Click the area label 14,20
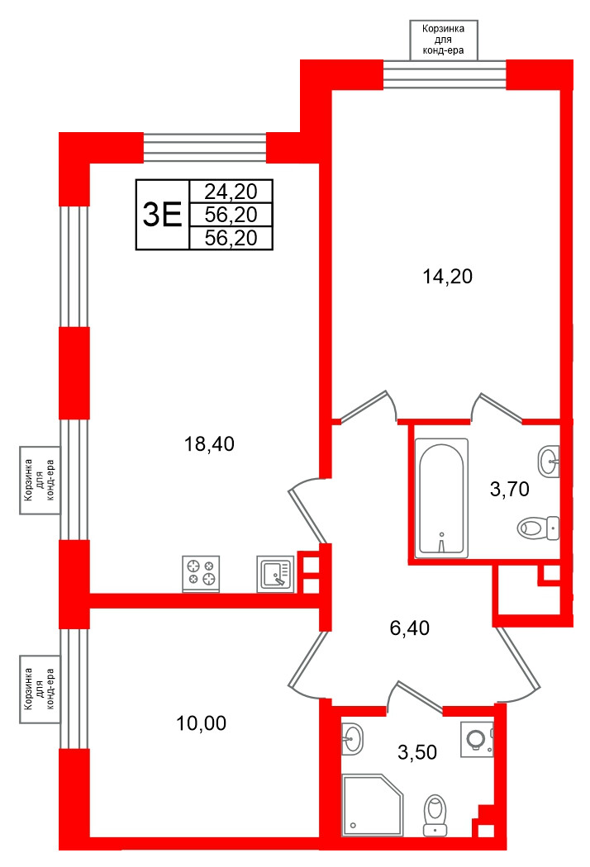click(447, 277)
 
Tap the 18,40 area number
click(209, 444)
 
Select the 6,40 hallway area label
click(409, 628)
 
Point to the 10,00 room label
click(201, 724)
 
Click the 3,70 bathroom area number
click(509, 490)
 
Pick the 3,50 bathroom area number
click(416, 751)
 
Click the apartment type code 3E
click(162, 216)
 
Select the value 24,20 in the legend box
click(231, 192)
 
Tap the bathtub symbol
click(443, 497)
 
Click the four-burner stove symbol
click(201, 573)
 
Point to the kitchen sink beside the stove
click(275, 573)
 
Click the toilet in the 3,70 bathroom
click(538, 527)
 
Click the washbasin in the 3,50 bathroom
click(353, 737)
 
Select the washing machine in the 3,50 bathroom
click(477, 737)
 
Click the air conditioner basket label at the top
click(444, 40)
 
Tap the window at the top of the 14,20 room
click(445, 73)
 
